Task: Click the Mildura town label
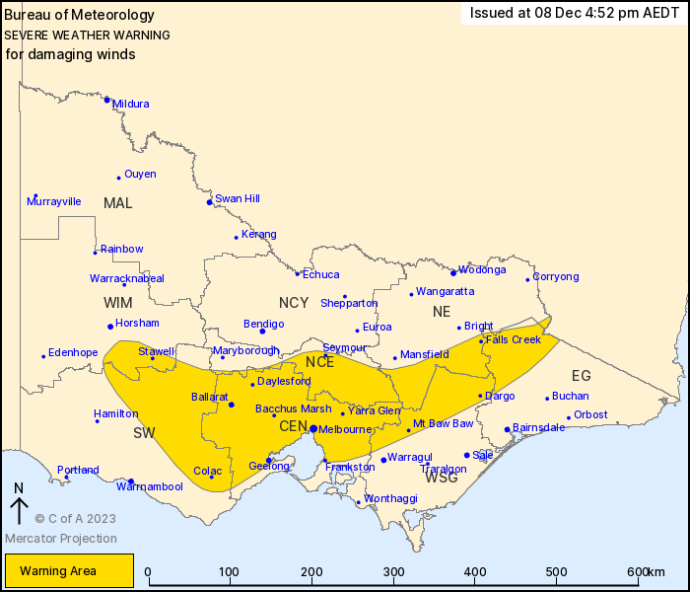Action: tap(131, 104)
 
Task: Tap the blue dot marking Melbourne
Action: tap(312, 428)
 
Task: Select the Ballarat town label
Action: tap(210, 397)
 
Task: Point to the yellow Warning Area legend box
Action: tap(69, 570)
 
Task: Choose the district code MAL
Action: tap(117, 203)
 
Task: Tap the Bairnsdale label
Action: tap(538, 427)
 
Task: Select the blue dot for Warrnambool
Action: tap(131, 481)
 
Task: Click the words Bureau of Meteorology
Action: tap(80, 15)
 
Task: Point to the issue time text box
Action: tap(574, 13)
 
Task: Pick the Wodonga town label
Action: tap(482, 269)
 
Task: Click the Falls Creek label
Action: tap(514, 339)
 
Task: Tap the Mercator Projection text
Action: tap(61, 539)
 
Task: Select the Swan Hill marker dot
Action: tap(209, 202)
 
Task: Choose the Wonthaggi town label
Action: tap(390, 499)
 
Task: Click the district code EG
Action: tap(582, 376)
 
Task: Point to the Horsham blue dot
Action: tap(109, 327)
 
